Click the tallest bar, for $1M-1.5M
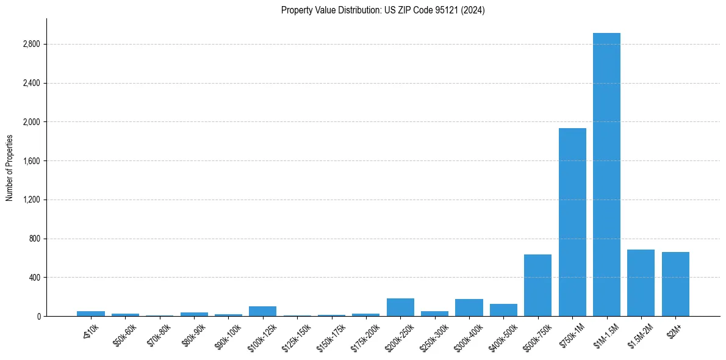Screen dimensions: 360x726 click(x=606, y=175)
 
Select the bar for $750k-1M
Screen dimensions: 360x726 click(x=572, y=222)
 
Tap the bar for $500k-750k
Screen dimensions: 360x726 click(x=537, y=286)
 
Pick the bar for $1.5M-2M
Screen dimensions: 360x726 click(x=641, y=283)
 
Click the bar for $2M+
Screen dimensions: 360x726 click(x=675, y=284)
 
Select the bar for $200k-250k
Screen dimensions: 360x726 click(x=400, y=308)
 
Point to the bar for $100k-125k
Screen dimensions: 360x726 click(x=262, y=311)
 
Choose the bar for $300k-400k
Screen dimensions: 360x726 click(x=469, y=308)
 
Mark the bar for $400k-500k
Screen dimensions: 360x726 click(x=503, y=310)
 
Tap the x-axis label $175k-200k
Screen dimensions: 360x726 click(x=365, y=335)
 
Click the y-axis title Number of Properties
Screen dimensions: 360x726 click(x=10, y=167)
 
